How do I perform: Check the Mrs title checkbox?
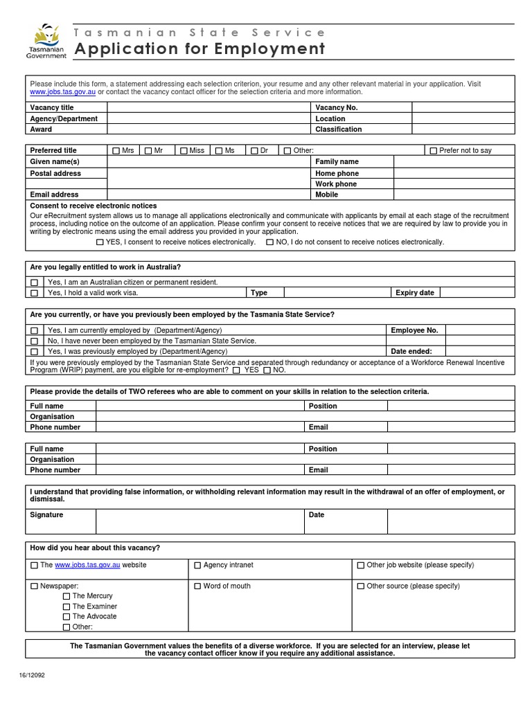(x=116, y=151)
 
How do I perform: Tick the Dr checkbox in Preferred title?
(x=254, y=151)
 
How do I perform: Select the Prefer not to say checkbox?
(x=434, y=151)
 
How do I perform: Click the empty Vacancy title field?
(x=208, y=108)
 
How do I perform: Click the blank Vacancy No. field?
(x=463, y=108)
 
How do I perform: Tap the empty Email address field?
(x=208, y=195)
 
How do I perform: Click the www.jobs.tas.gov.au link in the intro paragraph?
(x=62, y=92)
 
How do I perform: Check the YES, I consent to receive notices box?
(x=100, y=243)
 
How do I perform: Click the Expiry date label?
(x=414, y=293)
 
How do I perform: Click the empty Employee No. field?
(x=479, y=331)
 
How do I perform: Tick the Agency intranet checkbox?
(x=198, y=566)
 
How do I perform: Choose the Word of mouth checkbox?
(x=198, y=586)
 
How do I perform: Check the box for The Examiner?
(x=66, y=607)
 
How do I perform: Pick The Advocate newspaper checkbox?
(x=66, y=617)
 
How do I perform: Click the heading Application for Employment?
(x=199, y=49)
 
